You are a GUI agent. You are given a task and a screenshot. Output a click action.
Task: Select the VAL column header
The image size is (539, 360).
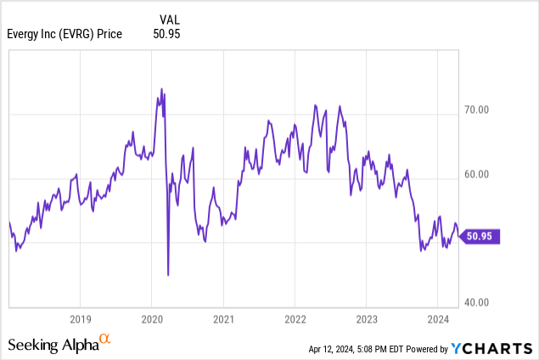(170, 19)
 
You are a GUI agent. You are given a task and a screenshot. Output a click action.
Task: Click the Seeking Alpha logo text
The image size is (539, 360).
(53, 344)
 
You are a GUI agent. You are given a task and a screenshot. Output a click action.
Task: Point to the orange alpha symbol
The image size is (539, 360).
(105, 339)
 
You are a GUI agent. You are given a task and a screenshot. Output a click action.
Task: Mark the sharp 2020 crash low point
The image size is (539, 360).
(168, 274)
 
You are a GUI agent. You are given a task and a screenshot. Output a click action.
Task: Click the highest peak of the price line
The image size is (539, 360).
(161, 88)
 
